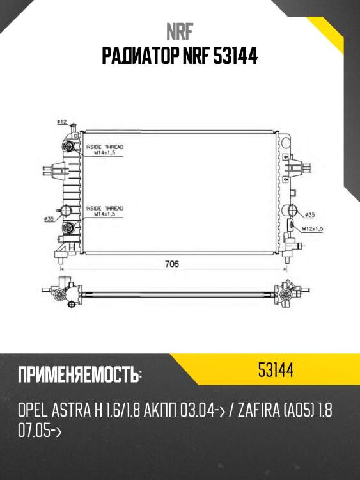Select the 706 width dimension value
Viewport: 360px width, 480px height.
point(171,264)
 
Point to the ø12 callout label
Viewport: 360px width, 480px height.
point(62,121)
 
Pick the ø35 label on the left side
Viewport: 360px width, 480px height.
point(49,219)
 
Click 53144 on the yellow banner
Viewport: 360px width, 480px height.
point(276,370)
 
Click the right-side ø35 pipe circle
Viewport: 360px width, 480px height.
point(292,211)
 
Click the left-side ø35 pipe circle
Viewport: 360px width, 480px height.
point(66,212)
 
